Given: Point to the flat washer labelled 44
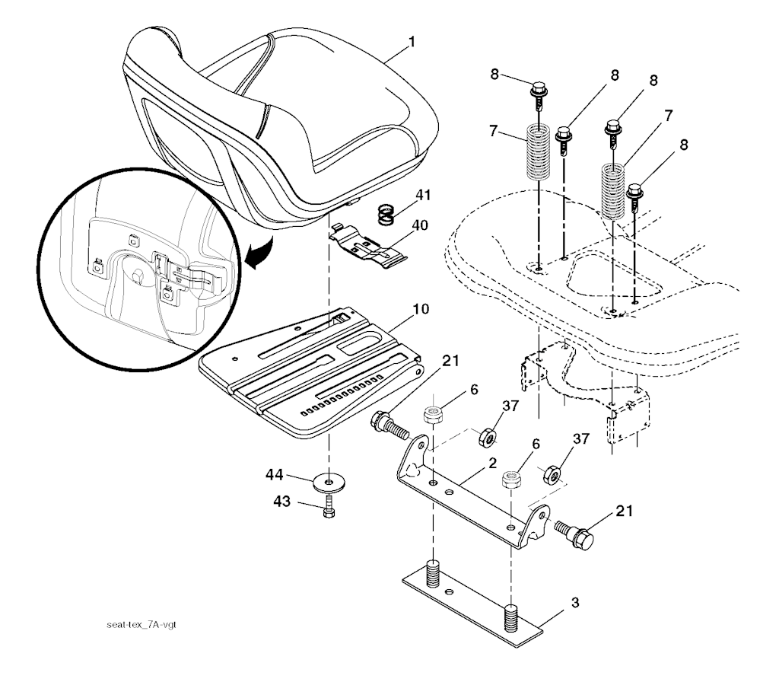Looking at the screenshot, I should (328, 481).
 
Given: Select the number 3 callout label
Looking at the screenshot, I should (575, 604).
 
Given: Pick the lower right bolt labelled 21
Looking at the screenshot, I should (576, 531).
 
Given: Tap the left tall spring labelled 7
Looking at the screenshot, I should (539, 155).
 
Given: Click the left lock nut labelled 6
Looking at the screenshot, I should (434, 416).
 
